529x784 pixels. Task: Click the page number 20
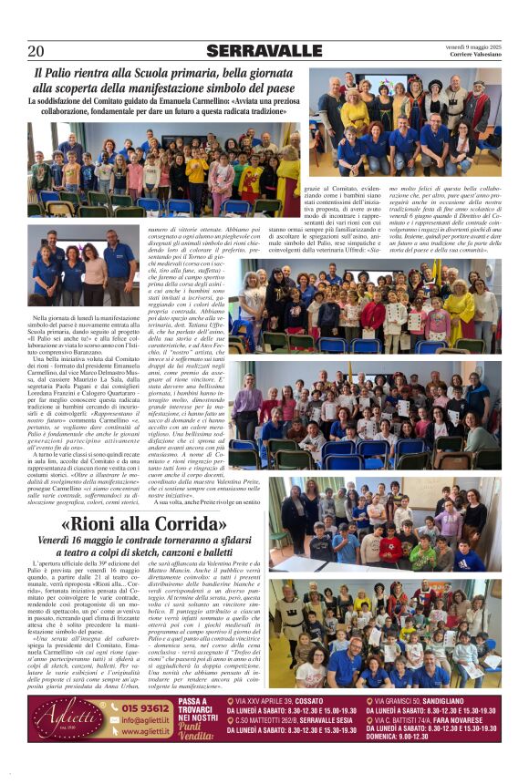(x=36, y=51)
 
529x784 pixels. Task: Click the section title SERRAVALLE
(x=264, y=51)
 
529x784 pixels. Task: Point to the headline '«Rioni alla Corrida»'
(x=144, y=526)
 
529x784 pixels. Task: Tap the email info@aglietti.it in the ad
(x=147, y=719)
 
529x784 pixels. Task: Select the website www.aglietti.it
(x=145, y=730)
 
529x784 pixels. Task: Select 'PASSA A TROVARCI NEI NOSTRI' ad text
(x=199, y=710)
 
